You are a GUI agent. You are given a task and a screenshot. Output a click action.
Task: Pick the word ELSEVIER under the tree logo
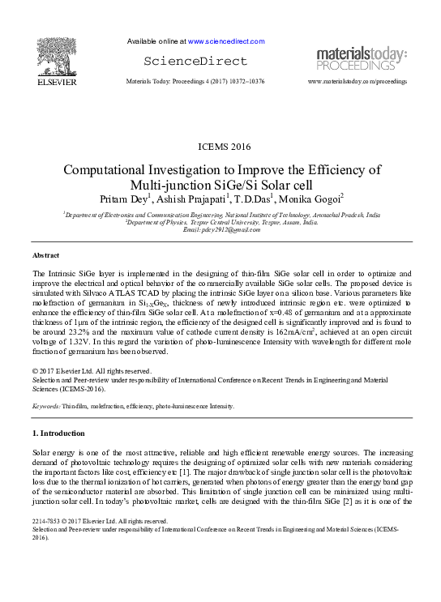pos(55,83)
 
